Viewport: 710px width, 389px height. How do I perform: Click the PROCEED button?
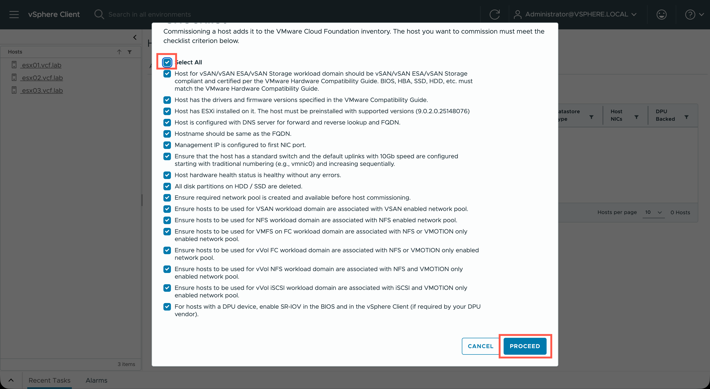(525, 346)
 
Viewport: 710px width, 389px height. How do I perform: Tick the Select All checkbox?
(167, 62)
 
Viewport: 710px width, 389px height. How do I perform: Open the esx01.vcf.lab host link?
(42, 65)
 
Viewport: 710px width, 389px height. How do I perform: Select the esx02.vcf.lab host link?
(42, 78)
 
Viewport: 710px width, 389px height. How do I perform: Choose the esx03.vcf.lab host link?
(42, 90)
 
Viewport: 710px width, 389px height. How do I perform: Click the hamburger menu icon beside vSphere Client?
(14, 14)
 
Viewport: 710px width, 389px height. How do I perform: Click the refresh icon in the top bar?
(494, 14)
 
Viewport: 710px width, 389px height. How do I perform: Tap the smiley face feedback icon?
(661, 14)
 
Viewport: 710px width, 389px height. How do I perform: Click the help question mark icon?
(690, 14)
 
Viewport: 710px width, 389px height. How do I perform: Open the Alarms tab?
(96, 380)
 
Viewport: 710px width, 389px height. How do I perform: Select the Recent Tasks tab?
(49, 380)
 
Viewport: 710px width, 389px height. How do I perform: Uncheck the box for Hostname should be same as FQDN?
(167, 134)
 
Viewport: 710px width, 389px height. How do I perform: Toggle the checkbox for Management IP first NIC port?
(167, 145)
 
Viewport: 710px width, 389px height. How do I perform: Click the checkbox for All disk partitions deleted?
(167, 186)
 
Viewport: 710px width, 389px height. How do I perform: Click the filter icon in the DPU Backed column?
(686, 117)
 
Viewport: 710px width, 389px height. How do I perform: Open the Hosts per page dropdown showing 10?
(653, 212)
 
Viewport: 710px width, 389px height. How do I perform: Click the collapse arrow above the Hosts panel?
(135, 37)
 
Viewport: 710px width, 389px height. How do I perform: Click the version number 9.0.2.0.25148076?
(442, 111)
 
